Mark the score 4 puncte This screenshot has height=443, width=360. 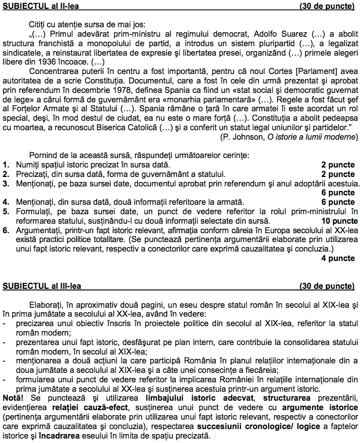point(338,258)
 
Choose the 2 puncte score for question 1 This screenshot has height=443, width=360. point(338,165)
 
